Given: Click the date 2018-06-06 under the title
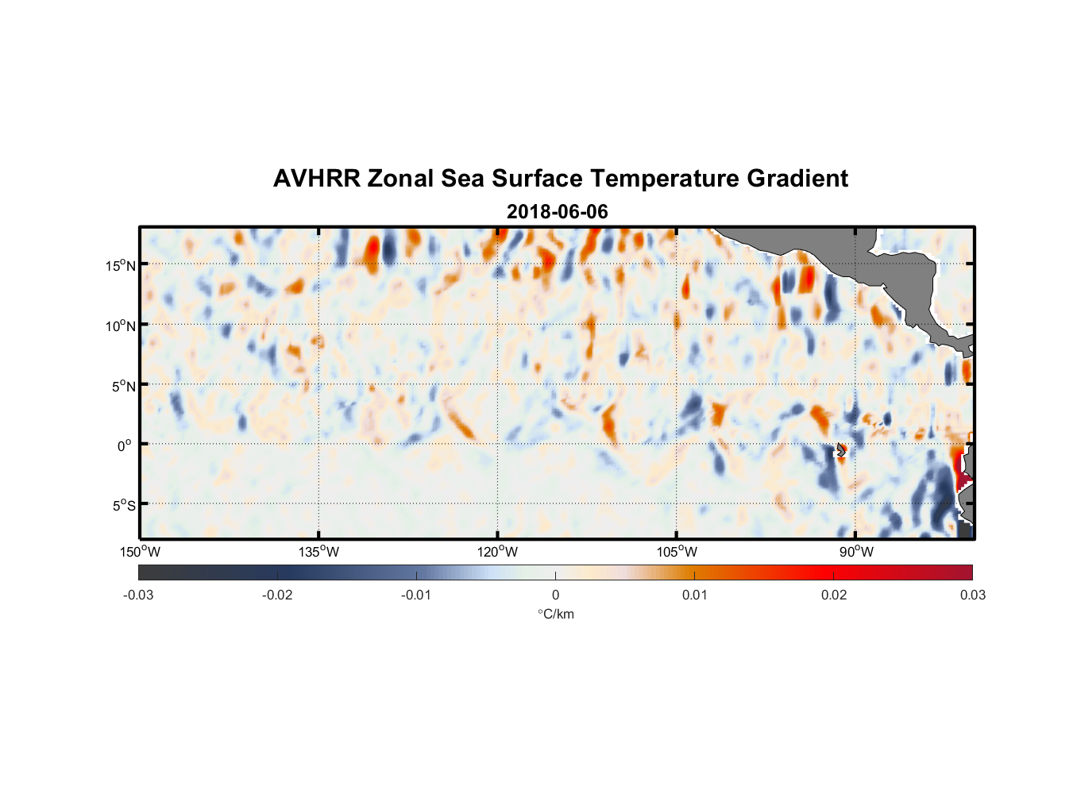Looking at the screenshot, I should pyautogui.click(x=557, y=212).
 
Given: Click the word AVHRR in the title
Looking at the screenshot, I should pyautogui.click(x=316, y=179).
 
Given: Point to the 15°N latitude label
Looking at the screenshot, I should pyautogui.click(x=120, y=265).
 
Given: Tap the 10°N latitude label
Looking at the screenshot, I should pyautogui.click(x=120, y=326).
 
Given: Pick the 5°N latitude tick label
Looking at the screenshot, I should pyautogui.click(x=123, y=386).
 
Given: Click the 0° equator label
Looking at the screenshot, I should pyautogui.click(x=125, y=445).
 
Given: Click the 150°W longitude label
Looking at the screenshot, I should pyautogui.click(x=140, y=552).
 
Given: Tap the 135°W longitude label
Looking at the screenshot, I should pyautogui.click(x=318, y=552).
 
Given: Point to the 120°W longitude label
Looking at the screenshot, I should pyautogui.click(x=498, y=552).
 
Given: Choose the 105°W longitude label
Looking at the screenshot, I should pyautogui.click(x=677, y=552).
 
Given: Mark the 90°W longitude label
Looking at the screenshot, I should pyautogui.click(x=856, y=552).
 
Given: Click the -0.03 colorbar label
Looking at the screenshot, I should pyautogui.click(x=138, y=595).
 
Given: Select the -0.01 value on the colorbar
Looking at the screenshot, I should pyautogui.click(x=416, y=595).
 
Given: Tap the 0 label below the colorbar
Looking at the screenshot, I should pyautogui.click(x=555, y=595).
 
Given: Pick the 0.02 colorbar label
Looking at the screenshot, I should pyautogui.click(x=834, y=595).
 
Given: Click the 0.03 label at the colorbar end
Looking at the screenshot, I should pyautogui.click(x=972, y=595).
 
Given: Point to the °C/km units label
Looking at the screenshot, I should pyautogui.click(x=556, y=614).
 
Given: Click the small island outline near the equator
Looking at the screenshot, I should pyautogui.click(x=841, y=450).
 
